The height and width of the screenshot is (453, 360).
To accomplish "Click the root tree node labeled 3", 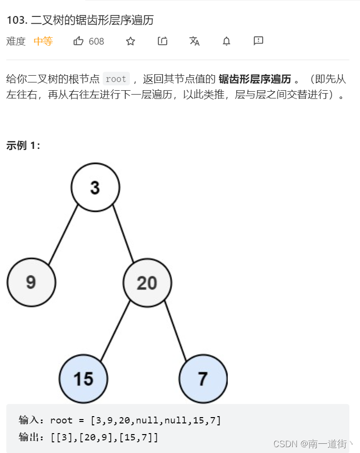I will [95, 187].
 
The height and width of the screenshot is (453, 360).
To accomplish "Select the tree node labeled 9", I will [31, 282].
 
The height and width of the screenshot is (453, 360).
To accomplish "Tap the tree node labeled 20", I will [147, 282].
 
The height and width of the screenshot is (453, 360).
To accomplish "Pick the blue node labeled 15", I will [83, 378].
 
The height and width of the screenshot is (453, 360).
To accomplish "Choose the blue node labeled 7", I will [203, 378].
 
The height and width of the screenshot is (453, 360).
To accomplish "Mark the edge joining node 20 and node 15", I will [115, 330].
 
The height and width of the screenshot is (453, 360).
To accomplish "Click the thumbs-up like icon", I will [78, 41].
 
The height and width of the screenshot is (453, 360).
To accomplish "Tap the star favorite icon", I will [130, 41].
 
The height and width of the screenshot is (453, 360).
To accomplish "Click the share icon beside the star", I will [162, 41].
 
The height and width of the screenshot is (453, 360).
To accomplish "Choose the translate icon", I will [194, 41].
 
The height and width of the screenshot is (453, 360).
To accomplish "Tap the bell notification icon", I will [226, 41].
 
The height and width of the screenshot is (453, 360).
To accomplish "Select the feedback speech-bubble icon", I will [258, 41].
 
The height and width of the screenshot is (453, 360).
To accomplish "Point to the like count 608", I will [96, 41].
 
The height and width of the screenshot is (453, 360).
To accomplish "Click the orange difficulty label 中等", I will [43, 41].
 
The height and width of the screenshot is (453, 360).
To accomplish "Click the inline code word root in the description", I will [116, 79].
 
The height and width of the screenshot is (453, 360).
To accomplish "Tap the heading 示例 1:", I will [23, 146].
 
